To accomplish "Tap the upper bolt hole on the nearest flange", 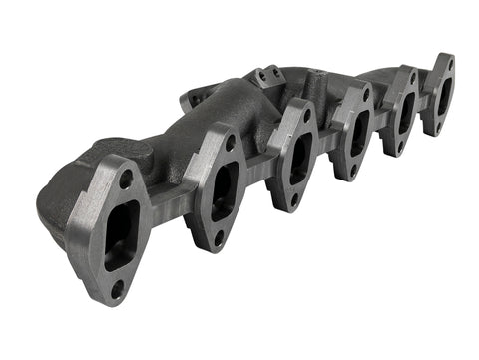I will point(127,180).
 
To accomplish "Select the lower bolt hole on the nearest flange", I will point(117,290).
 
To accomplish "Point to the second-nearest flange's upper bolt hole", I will point(231,144).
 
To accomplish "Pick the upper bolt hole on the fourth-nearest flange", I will point(366,97).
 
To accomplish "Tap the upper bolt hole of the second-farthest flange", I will point(411,81).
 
